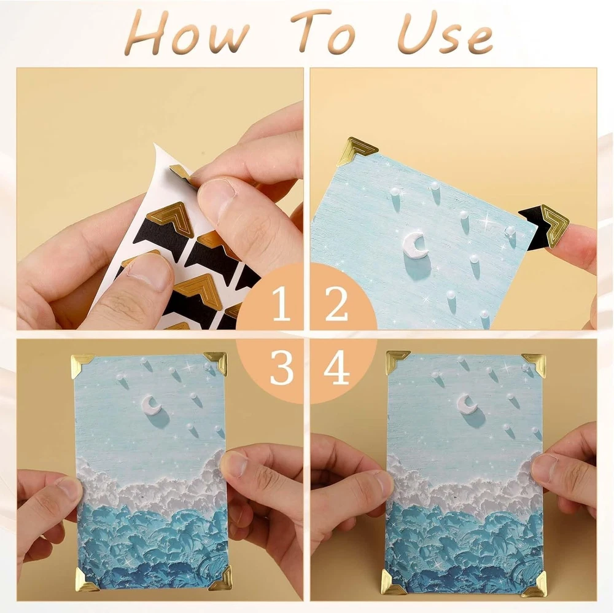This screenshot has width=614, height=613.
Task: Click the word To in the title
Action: (325, 31)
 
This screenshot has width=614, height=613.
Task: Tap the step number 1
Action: (281, 303)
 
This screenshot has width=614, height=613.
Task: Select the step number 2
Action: (336, 303)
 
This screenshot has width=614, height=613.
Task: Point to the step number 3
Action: (282, 368)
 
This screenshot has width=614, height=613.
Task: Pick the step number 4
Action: (336, 368)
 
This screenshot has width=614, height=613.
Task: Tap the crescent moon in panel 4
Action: (467, 405)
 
